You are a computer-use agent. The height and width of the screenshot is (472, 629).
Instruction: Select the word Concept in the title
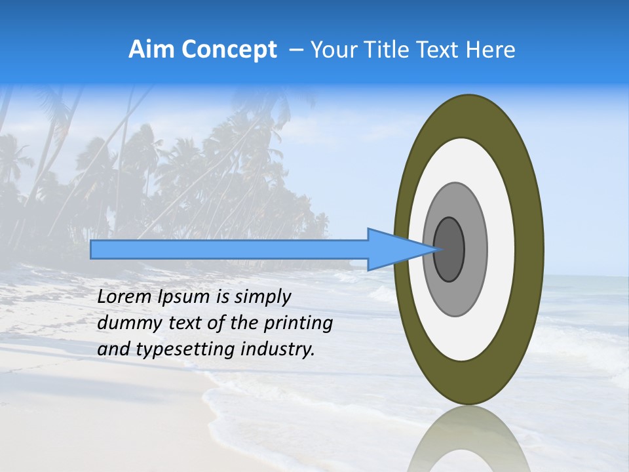click(229, 50)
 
